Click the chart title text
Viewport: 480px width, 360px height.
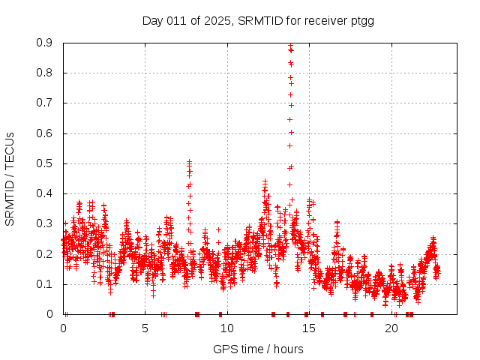258,20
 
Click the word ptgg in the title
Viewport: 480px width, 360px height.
361,20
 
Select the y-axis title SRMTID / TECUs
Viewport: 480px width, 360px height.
10,178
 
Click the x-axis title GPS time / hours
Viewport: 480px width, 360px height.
258,349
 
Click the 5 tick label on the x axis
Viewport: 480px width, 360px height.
145,328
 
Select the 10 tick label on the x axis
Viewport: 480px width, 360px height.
226,328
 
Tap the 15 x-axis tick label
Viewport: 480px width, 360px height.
308,328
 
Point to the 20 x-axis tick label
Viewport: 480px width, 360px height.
390,328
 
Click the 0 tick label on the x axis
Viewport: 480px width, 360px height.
63,328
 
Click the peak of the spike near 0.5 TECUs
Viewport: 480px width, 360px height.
189,161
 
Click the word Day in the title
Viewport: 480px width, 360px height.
153,20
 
